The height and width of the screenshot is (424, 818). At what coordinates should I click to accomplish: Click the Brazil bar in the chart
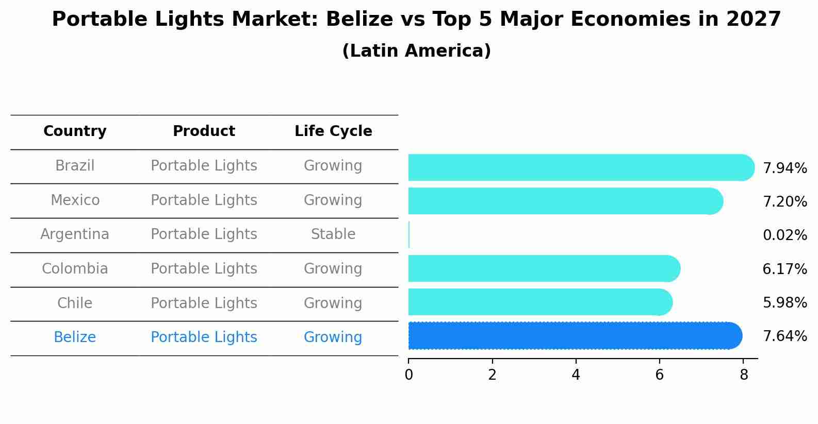[580, 167]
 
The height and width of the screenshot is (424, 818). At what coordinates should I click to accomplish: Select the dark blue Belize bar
[574, 335]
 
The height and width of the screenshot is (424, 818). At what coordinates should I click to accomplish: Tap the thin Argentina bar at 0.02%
[409, 235]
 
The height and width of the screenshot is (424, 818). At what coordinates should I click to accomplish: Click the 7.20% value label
[784, 201]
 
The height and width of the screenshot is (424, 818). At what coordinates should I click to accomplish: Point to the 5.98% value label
[784, 302]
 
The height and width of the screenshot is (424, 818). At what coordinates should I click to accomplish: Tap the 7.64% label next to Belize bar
[784, 336]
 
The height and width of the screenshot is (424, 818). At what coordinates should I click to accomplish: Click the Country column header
[75, 131]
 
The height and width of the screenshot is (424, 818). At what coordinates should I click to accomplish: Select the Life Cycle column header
[333, 131]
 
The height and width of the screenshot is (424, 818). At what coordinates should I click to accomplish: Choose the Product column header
[204, 131]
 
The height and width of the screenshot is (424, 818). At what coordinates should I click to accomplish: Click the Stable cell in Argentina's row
[333, 234]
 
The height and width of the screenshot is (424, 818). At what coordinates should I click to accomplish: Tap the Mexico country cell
[75, 200]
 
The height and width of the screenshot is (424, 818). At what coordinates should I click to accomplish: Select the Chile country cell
[75, 303]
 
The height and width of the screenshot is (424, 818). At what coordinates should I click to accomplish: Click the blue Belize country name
[75, 337]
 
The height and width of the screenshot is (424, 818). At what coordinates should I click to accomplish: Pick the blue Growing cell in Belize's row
[333, 337]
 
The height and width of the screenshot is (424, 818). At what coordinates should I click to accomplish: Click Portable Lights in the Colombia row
[204, 269]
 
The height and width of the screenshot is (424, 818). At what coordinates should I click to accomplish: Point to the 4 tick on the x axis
[576, 375]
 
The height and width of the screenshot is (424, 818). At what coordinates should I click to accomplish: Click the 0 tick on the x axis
[408, 375]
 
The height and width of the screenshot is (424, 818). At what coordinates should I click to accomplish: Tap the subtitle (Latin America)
[416, 51]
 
